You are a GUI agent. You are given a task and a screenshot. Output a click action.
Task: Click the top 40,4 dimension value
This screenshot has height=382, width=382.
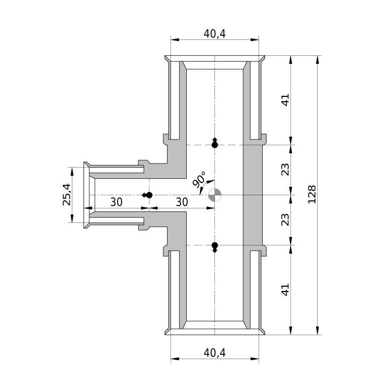click(214, 34)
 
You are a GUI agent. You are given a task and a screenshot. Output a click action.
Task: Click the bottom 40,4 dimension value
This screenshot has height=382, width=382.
click(214, 353)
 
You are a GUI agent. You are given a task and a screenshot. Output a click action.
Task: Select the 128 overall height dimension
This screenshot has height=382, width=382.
click(312, 195)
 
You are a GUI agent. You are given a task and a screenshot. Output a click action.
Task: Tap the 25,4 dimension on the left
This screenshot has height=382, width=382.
click(67, 194)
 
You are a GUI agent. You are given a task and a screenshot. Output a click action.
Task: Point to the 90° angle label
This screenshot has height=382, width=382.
click(200, 179)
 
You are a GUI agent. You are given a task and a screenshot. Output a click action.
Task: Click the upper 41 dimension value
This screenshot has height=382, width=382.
click(285, 99)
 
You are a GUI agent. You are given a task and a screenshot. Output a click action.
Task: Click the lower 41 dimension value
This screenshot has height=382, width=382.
click(285, 289)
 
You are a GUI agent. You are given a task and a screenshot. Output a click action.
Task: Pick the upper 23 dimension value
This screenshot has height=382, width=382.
click(285, 169)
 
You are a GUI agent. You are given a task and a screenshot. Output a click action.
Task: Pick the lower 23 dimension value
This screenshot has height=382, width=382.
click(285, 220)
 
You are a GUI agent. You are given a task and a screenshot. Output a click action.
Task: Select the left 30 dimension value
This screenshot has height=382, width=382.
click(116, 202)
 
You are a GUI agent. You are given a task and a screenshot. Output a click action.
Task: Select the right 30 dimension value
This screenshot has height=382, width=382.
click(182, 202)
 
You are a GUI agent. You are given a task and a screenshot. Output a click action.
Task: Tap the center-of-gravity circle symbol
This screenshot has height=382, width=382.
click(214, 195)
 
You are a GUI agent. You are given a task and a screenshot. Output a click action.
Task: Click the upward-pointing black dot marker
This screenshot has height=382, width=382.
click(214, 143)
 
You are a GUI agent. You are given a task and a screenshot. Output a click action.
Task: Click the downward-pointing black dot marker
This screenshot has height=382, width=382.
click(214, 247)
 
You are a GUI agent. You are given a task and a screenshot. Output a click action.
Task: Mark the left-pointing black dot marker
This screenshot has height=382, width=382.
click(147, 195)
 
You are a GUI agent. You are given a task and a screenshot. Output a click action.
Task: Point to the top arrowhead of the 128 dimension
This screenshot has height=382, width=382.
click(317, 60)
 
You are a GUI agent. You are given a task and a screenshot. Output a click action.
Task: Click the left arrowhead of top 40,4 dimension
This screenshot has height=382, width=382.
click(175, 39)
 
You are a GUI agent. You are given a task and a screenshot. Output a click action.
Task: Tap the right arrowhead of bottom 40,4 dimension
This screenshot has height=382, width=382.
click(255, 359)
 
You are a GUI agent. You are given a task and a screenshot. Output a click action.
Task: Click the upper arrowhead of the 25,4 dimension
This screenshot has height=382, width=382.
click(72, 171)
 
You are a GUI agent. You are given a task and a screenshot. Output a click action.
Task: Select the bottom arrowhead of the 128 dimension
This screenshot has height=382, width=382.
click(317, 330)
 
